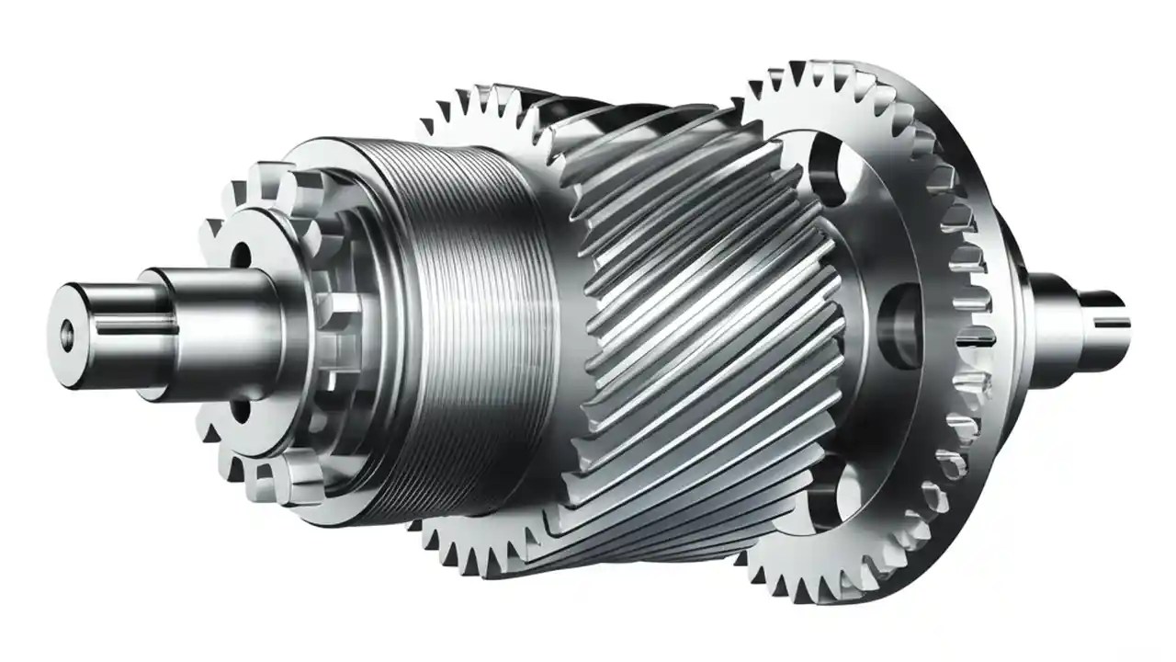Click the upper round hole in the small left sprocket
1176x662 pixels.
(x=242, y=253)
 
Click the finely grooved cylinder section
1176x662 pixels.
(x=469, y=322)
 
